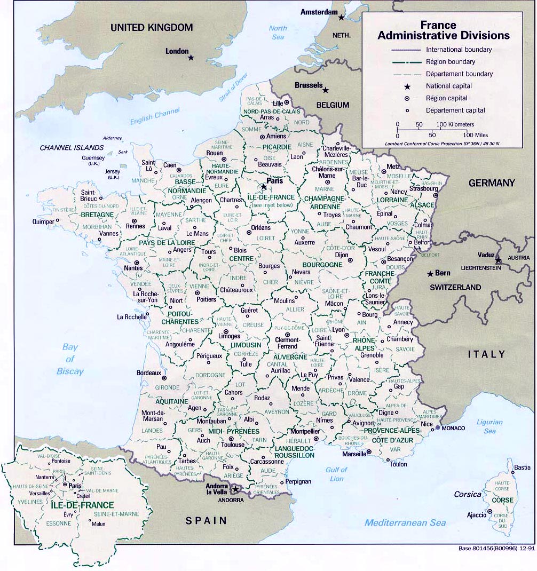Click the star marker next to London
(x=191, y=57)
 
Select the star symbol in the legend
(x=407, y=86)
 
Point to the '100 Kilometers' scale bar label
(x=455, y=124)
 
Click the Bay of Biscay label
(x=70, y=359)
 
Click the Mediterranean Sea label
(x=405, y=522)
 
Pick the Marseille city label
(x=350, y=453)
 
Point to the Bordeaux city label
(x=148, y=372)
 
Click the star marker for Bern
(x=430, y=274)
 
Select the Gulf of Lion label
(x=336, y=474)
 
